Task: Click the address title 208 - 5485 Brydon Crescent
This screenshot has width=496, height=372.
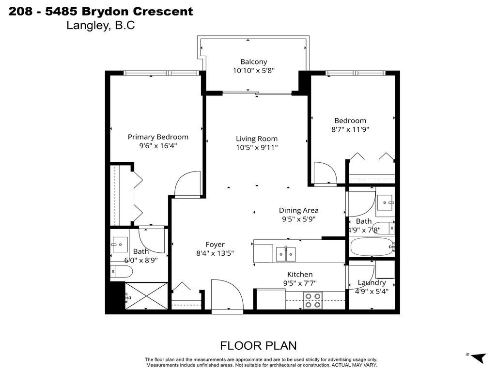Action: pos(101,11)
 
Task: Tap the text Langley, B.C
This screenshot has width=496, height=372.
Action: pos(100,26)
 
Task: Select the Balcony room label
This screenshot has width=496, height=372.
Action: pos(253,62)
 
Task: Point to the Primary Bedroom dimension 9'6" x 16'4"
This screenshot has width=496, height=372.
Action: pos(158,146)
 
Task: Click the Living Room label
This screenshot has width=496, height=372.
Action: pos(256,139)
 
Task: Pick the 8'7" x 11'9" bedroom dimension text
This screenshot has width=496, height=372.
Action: pos(350,129)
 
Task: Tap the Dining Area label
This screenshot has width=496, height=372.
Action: pos(298,210)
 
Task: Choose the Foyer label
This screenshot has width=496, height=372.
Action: pos(215,245)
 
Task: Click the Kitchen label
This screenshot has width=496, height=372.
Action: pos(300,274)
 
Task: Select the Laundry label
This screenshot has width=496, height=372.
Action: pos(372,282)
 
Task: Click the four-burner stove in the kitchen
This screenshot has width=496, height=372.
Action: pos(312,300)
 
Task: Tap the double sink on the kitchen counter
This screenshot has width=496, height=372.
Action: pos(286,253)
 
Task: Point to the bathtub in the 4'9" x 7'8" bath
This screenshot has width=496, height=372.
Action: pos(372,248)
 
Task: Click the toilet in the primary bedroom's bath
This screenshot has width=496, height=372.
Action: pos(121,272)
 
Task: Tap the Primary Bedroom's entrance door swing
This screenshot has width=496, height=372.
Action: pos(188,184)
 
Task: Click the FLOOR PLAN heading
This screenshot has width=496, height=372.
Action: pos(258,345)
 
